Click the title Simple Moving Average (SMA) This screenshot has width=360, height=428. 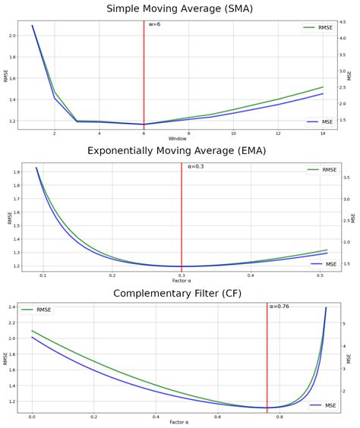(180, 9)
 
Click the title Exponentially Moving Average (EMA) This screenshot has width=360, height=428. (180, 151)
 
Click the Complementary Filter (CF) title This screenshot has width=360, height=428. (180, 293)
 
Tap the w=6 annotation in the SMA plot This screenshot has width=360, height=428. (154, 25)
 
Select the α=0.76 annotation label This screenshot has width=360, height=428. (279, 307)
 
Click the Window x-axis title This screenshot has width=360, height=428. (177, 139)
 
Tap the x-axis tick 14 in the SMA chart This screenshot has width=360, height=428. (323, 133)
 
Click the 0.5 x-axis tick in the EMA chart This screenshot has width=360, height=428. (320, 275)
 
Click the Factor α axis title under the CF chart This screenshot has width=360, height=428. (177, 423)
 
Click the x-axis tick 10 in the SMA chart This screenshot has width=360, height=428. (233, 133)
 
